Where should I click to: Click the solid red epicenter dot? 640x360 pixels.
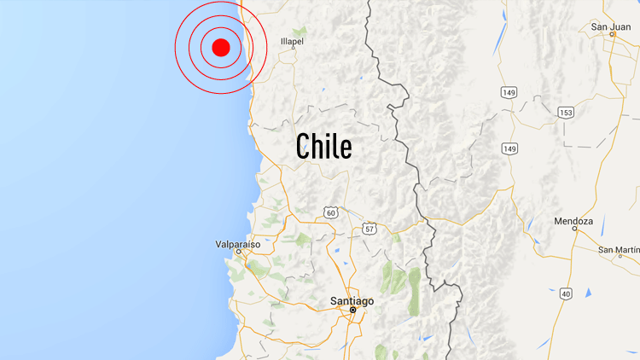click(x=221, y=47)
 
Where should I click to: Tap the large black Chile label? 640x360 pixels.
click(x=323, y=146)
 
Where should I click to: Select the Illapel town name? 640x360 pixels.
click(x=293, y=40)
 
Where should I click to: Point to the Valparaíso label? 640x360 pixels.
click(x=236, y=244)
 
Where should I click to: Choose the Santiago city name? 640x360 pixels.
click(x=352, y=301)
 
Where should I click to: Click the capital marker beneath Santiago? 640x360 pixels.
click(x=352, y=311)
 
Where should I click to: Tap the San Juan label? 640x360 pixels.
click(x=610, y=27)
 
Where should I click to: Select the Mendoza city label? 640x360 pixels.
click(x=573, y=221)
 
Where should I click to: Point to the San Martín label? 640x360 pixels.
click(x=618, y=250)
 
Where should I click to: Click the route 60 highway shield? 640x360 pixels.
click(x=330, y=212)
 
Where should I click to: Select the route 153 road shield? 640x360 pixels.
click(x=566, y=113)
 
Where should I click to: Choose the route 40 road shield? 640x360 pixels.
click(x=565, y=293)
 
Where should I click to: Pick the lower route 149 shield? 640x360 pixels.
click(x=510, y=148)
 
